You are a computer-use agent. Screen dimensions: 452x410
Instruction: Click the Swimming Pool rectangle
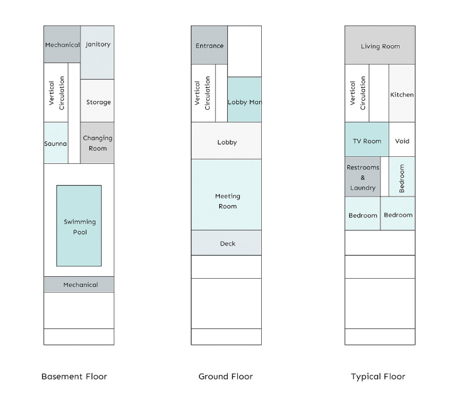(79, 226)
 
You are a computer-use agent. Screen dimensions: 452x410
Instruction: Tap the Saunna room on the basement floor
(56, 143)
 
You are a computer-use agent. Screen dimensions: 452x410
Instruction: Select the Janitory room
(97, 53)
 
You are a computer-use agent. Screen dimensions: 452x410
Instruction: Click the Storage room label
(99, 102)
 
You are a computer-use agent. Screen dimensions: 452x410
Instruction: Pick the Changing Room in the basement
(97, 143)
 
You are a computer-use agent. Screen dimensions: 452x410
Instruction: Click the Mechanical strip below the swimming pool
(79, 284)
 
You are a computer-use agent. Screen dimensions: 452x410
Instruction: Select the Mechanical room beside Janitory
(62, 44)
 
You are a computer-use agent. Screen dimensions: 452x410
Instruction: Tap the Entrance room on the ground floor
(209, 45)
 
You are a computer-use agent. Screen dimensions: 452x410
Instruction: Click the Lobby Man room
(244, 99)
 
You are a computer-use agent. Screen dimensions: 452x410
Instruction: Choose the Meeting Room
(226, 195)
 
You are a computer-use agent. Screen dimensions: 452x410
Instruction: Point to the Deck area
(226, 243)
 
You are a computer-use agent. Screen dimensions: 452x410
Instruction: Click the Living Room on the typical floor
(380, 45)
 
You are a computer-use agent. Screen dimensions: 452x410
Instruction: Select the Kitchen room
(402, 93)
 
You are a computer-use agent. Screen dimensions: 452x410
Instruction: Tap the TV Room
(367, 139)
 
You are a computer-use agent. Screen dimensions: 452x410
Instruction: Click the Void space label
(402, 141)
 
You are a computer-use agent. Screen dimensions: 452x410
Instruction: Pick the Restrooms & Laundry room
(363, 176)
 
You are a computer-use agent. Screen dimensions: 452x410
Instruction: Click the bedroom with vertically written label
(402, 176)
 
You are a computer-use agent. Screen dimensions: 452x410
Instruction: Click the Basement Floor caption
(74, 377)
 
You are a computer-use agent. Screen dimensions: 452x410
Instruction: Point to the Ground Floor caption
(226, 377)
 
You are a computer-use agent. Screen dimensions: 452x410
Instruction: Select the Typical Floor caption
(378, 377)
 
